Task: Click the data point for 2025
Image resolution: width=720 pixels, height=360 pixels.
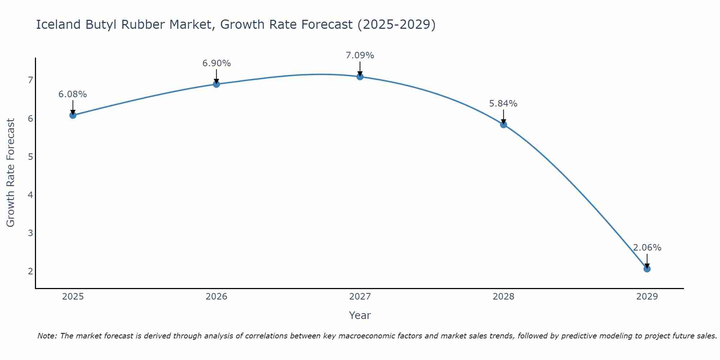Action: coord(73,115)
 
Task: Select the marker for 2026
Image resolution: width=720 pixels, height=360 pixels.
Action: coord(216,84)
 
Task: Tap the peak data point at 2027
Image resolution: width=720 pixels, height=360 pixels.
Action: coord(360,77)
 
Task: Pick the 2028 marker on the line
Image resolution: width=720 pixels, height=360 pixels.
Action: coord(503,125)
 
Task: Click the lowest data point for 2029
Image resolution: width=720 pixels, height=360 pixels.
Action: coord(647,269)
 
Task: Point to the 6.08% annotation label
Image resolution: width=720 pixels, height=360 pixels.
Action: coord(73,94)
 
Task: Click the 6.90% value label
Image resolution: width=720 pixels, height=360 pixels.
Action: coord(216,63)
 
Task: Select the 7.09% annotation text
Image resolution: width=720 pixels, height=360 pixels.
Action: coord(360,55)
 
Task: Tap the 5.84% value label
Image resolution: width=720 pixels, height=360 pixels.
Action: coord(503,104)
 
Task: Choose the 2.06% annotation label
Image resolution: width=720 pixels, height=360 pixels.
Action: coord(647,248)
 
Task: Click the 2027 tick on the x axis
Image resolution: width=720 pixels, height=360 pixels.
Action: coord(360,297)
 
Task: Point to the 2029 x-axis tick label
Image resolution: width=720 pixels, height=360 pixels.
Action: coord(647,297)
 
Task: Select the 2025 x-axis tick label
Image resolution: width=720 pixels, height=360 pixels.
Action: coord(73,297)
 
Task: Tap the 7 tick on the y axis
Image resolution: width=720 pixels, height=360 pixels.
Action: coord(30,80)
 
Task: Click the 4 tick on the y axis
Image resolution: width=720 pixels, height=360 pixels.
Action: coord(30,195)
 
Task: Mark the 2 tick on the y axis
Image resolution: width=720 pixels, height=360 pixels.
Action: coord(30,271)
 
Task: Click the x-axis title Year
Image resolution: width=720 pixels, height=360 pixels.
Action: coord(360,315)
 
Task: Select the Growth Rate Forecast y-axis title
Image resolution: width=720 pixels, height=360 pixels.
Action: coord(11,173)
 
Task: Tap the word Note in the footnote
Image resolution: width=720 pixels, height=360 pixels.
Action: coord(47,336)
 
